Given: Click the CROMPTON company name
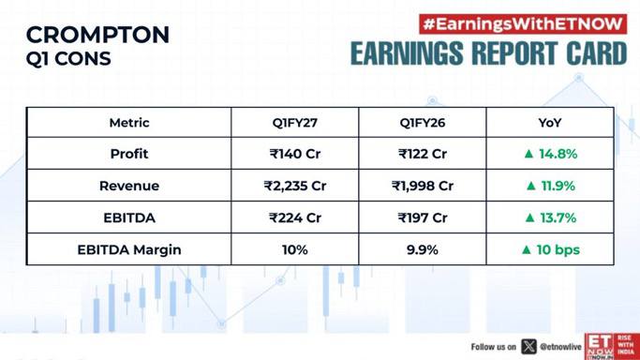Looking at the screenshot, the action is [97, 35].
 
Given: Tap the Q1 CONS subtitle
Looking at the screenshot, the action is [68, 59].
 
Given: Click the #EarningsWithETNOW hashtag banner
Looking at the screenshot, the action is [523, 24].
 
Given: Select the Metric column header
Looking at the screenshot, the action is [129, 123].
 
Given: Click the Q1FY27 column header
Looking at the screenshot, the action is [294, 123].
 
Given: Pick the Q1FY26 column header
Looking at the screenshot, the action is [422, 123].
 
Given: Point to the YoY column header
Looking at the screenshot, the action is [550, 123].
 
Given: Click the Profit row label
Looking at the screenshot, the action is [129, 154].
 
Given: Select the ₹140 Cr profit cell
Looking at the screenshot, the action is [294, 154].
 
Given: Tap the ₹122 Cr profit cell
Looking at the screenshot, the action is [423, 154].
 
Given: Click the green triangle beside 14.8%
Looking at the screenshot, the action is [529, 154].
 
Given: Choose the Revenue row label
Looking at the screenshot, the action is [129, 186].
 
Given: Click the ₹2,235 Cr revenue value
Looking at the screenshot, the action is [294, 186].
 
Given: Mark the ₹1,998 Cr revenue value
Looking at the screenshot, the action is [423, 186].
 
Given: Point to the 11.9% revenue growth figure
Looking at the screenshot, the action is [558, 186].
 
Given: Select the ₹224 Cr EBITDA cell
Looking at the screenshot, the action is [294, 217].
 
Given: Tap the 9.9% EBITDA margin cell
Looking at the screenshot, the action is [422, 249].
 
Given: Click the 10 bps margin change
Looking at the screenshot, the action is [558, 249].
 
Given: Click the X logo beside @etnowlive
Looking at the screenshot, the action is [529, 347].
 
